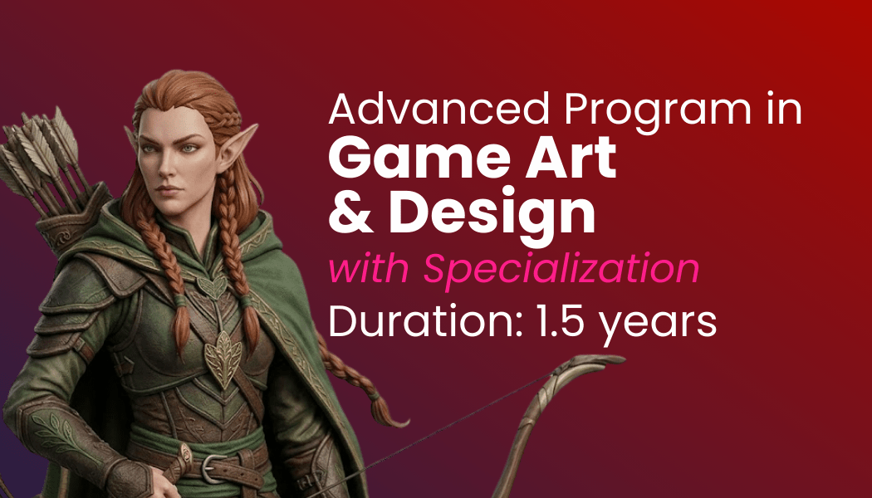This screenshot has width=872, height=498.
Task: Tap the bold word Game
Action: [419, 158]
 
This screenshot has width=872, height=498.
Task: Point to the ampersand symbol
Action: [351, 212]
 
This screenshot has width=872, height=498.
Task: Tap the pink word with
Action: [369, 269]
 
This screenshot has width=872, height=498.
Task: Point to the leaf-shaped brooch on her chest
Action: [223, 358]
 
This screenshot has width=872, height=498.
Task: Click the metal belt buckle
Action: [213, 467]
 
